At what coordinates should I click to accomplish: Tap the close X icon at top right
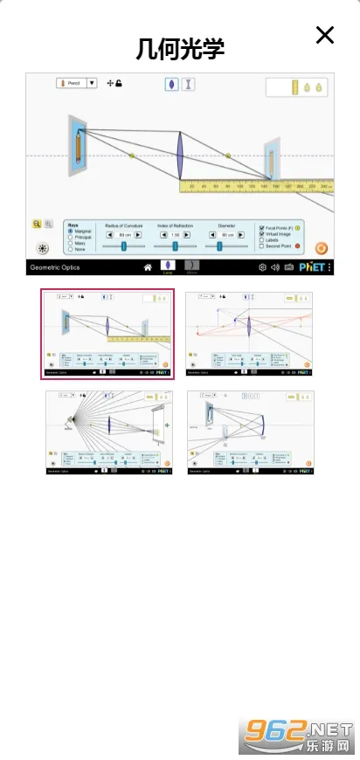coord(325,35)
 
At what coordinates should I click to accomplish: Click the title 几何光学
coord(181,48)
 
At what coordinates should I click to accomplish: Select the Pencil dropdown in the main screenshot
coord(77,83)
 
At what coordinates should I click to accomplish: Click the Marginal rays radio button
coord(71,231)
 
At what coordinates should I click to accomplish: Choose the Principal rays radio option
coord(71,238)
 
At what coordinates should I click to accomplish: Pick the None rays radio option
coord(71,250)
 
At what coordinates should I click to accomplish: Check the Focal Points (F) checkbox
coord(261,227)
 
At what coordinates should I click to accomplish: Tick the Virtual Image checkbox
coord(261,234)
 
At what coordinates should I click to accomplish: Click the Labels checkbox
coord(261,240)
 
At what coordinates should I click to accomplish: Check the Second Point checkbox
coord(261,247)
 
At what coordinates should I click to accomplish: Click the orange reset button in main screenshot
coord(322,248)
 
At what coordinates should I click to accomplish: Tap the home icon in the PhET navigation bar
coord(148,267)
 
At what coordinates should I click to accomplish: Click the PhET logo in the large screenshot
coord(311,267)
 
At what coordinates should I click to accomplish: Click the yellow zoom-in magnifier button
coord(38,224)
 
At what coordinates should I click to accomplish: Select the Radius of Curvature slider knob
coord(124,246)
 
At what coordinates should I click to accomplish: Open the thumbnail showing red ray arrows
coord(249,334)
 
